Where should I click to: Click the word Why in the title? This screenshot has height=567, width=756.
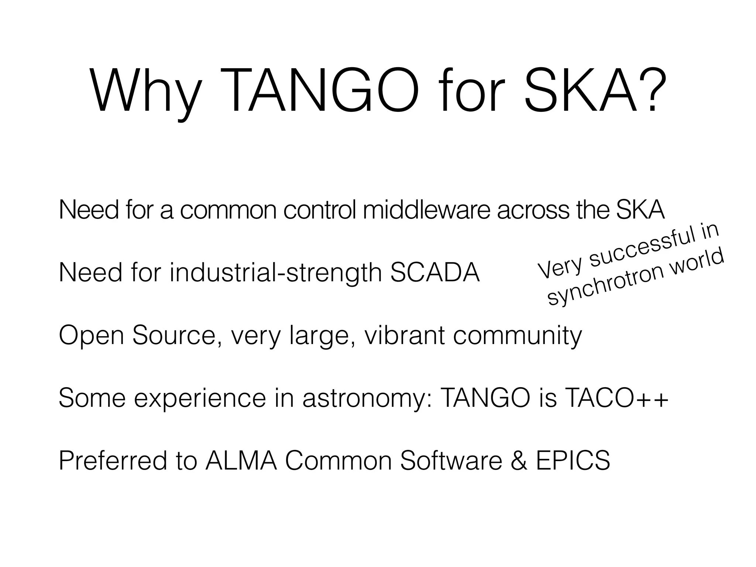pos(146,91)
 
